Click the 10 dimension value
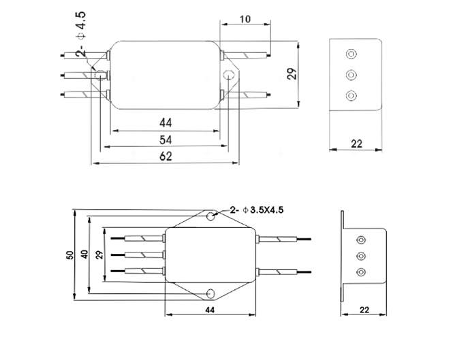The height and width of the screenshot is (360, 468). coord(245,20)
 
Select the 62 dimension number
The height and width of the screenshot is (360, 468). coord(166,156)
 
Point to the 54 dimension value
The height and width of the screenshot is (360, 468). coord(166,140)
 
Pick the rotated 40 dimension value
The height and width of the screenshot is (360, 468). coord(84,254)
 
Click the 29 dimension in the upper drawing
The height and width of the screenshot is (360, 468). coord(292,73)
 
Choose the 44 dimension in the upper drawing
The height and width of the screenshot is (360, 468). coord(166,122)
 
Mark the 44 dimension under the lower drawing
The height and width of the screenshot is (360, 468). coord(212,310)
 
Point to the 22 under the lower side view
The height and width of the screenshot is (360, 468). coord(364,310)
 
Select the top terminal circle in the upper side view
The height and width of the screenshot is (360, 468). coord(352,54)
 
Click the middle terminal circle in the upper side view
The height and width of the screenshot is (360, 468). coord(352,73)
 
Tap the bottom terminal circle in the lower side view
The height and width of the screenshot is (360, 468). coord(361,272)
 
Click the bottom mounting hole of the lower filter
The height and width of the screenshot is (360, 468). coord(211,293)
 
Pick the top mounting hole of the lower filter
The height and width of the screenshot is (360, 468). coord(211,216)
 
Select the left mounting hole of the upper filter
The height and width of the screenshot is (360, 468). coord(100,74)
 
